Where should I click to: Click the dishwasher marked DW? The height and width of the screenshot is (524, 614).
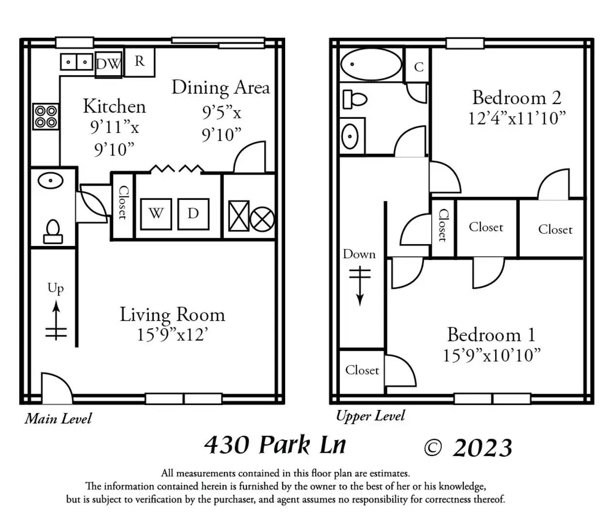(x=109, y=65)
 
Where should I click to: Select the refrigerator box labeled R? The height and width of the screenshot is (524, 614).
(x=139, y=62)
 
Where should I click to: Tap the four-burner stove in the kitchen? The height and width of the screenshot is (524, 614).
(x=46, y=116)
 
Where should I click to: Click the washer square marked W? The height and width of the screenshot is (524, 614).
(x=156, y=214)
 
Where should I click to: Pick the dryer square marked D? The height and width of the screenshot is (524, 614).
(x=194, y=214)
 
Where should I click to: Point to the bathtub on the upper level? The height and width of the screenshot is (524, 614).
(x=371, y=65)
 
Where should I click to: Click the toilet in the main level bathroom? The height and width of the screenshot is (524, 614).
(x=53, y=232)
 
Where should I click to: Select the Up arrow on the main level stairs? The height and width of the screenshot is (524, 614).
(x=56, y=320)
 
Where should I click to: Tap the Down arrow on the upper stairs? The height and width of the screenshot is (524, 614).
(x=360, y=286)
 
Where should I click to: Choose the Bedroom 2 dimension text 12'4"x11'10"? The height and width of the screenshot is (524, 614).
(x=517, y=118)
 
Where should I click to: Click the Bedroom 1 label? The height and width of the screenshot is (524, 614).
(x=492, y=335)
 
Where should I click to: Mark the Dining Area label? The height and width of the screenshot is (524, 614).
(x=221, y=88)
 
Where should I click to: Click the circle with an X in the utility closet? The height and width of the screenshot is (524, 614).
(x=262, y=219)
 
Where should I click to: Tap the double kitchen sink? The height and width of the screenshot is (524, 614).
(x=77, y=62)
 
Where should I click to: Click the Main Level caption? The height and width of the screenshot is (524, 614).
(x=58, y=419)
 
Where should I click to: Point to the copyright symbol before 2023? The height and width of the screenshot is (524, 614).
(x=433, y=448)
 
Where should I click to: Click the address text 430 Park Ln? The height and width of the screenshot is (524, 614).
(x=275, y=445)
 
